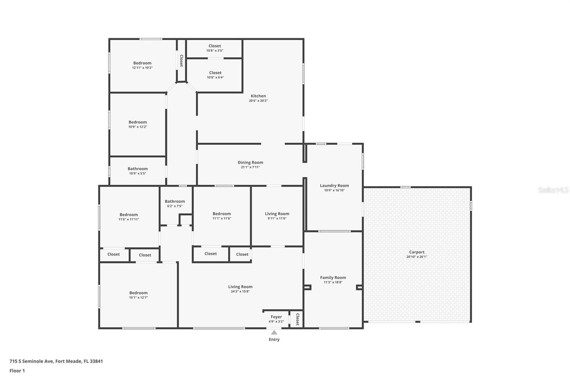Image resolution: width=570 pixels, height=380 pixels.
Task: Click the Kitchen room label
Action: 258,96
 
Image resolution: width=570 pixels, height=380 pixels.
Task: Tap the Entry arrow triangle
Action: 274,333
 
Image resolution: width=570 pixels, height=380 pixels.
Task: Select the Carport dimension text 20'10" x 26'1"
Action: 416,257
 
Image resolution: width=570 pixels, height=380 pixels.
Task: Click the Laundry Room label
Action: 334,185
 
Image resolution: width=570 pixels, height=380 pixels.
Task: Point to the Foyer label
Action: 276,317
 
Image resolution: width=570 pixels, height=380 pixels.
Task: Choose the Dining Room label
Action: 250,163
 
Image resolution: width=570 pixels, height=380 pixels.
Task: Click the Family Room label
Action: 333,277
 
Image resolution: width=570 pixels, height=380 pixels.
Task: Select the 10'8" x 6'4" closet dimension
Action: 215,77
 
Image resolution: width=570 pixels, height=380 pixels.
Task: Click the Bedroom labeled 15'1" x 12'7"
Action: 138,293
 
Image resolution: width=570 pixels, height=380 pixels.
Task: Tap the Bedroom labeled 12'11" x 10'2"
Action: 142,63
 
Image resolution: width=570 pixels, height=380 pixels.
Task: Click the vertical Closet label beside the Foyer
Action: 297,319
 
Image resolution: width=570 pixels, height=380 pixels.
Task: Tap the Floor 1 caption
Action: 17,371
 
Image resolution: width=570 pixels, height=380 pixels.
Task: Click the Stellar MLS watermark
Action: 553,190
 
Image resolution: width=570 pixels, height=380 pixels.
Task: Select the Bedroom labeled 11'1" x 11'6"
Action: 222,214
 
